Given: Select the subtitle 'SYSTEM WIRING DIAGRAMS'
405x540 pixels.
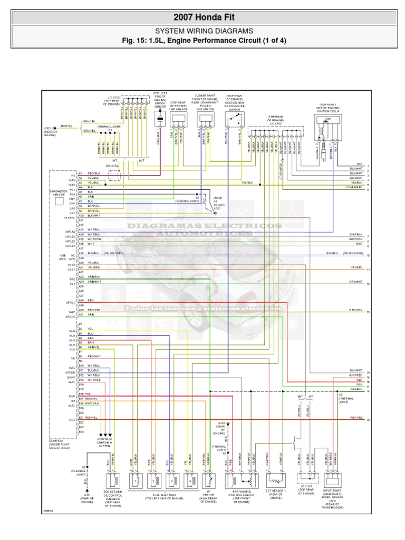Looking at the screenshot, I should click(x=202, y=31).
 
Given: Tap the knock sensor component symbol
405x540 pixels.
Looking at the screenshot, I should click(x=159, y=121).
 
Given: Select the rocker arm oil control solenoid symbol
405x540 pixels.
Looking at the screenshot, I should click(x=117, y=480).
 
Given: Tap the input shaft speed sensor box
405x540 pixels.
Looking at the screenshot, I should click(x=333, y=480).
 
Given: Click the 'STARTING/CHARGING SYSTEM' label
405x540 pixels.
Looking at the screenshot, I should click(x=104, y=441).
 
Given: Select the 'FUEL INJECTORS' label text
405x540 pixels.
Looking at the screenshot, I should click(x=163, y=495).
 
